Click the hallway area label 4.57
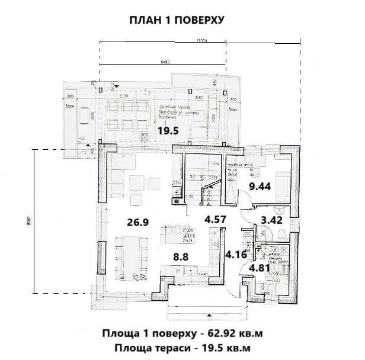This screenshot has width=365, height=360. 216,220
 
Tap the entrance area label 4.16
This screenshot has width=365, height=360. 236,255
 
